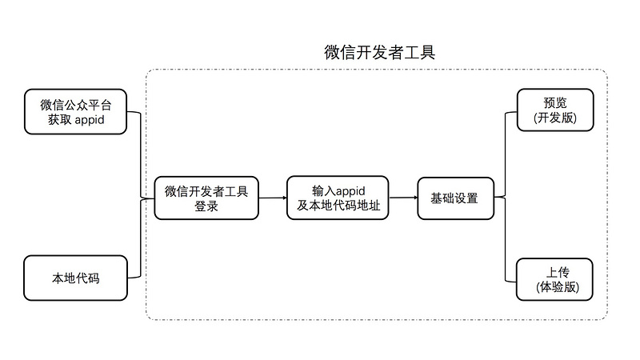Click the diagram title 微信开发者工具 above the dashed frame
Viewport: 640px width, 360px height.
379,52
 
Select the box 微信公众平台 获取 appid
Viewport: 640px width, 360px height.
75,112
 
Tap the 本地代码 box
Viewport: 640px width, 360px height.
75,278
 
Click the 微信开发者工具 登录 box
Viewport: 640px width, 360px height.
206,198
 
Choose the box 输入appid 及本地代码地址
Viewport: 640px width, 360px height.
338,198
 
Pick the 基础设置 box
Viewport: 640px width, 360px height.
456,198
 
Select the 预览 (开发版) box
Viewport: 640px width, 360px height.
555,110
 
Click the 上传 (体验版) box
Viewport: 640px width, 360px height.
554,279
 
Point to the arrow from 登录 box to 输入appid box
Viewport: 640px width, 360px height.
273,198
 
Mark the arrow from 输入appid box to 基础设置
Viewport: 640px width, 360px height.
403,198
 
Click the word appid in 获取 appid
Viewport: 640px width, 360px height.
90,120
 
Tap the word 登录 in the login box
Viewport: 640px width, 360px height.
206,206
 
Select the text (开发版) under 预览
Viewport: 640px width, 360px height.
555,118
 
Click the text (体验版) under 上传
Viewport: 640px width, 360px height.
558,287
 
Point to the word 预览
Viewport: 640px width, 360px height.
555,102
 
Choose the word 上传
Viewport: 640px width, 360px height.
558,272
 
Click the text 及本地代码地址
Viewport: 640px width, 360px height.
338,206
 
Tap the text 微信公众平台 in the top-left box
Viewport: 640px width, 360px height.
76,105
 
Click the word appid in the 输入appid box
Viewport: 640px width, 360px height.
350,191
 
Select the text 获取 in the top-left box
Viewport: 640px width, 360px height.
59,119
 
